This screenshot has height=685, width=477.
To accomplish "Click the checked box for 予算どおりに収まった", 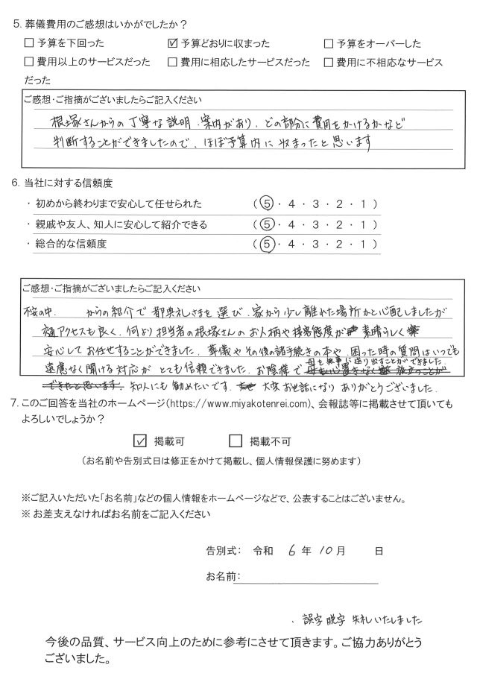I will coord(173,43).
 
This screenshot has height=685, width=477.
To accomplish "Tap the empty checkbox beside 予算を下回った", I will coord(29,43).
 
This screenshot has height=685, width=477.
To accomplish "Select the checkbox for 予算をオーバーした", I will coord(329,43).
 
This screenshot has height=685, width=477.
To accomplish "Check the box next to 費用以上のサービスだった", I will coord(29,61).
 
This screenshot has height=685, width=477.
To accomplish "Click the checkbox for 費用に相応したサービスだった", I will coord(173,61).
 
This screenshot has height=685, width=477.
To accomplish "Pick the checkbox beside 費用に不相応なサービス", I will coord(329,61).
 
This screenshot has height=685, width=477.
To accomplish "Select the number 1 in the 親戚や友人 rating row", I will coord(364,224).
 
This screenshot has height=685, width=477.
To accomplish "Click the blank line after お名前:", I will coord(309,578).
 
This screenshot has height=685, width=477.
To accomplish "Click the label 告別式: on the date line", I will coord(224,552).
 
